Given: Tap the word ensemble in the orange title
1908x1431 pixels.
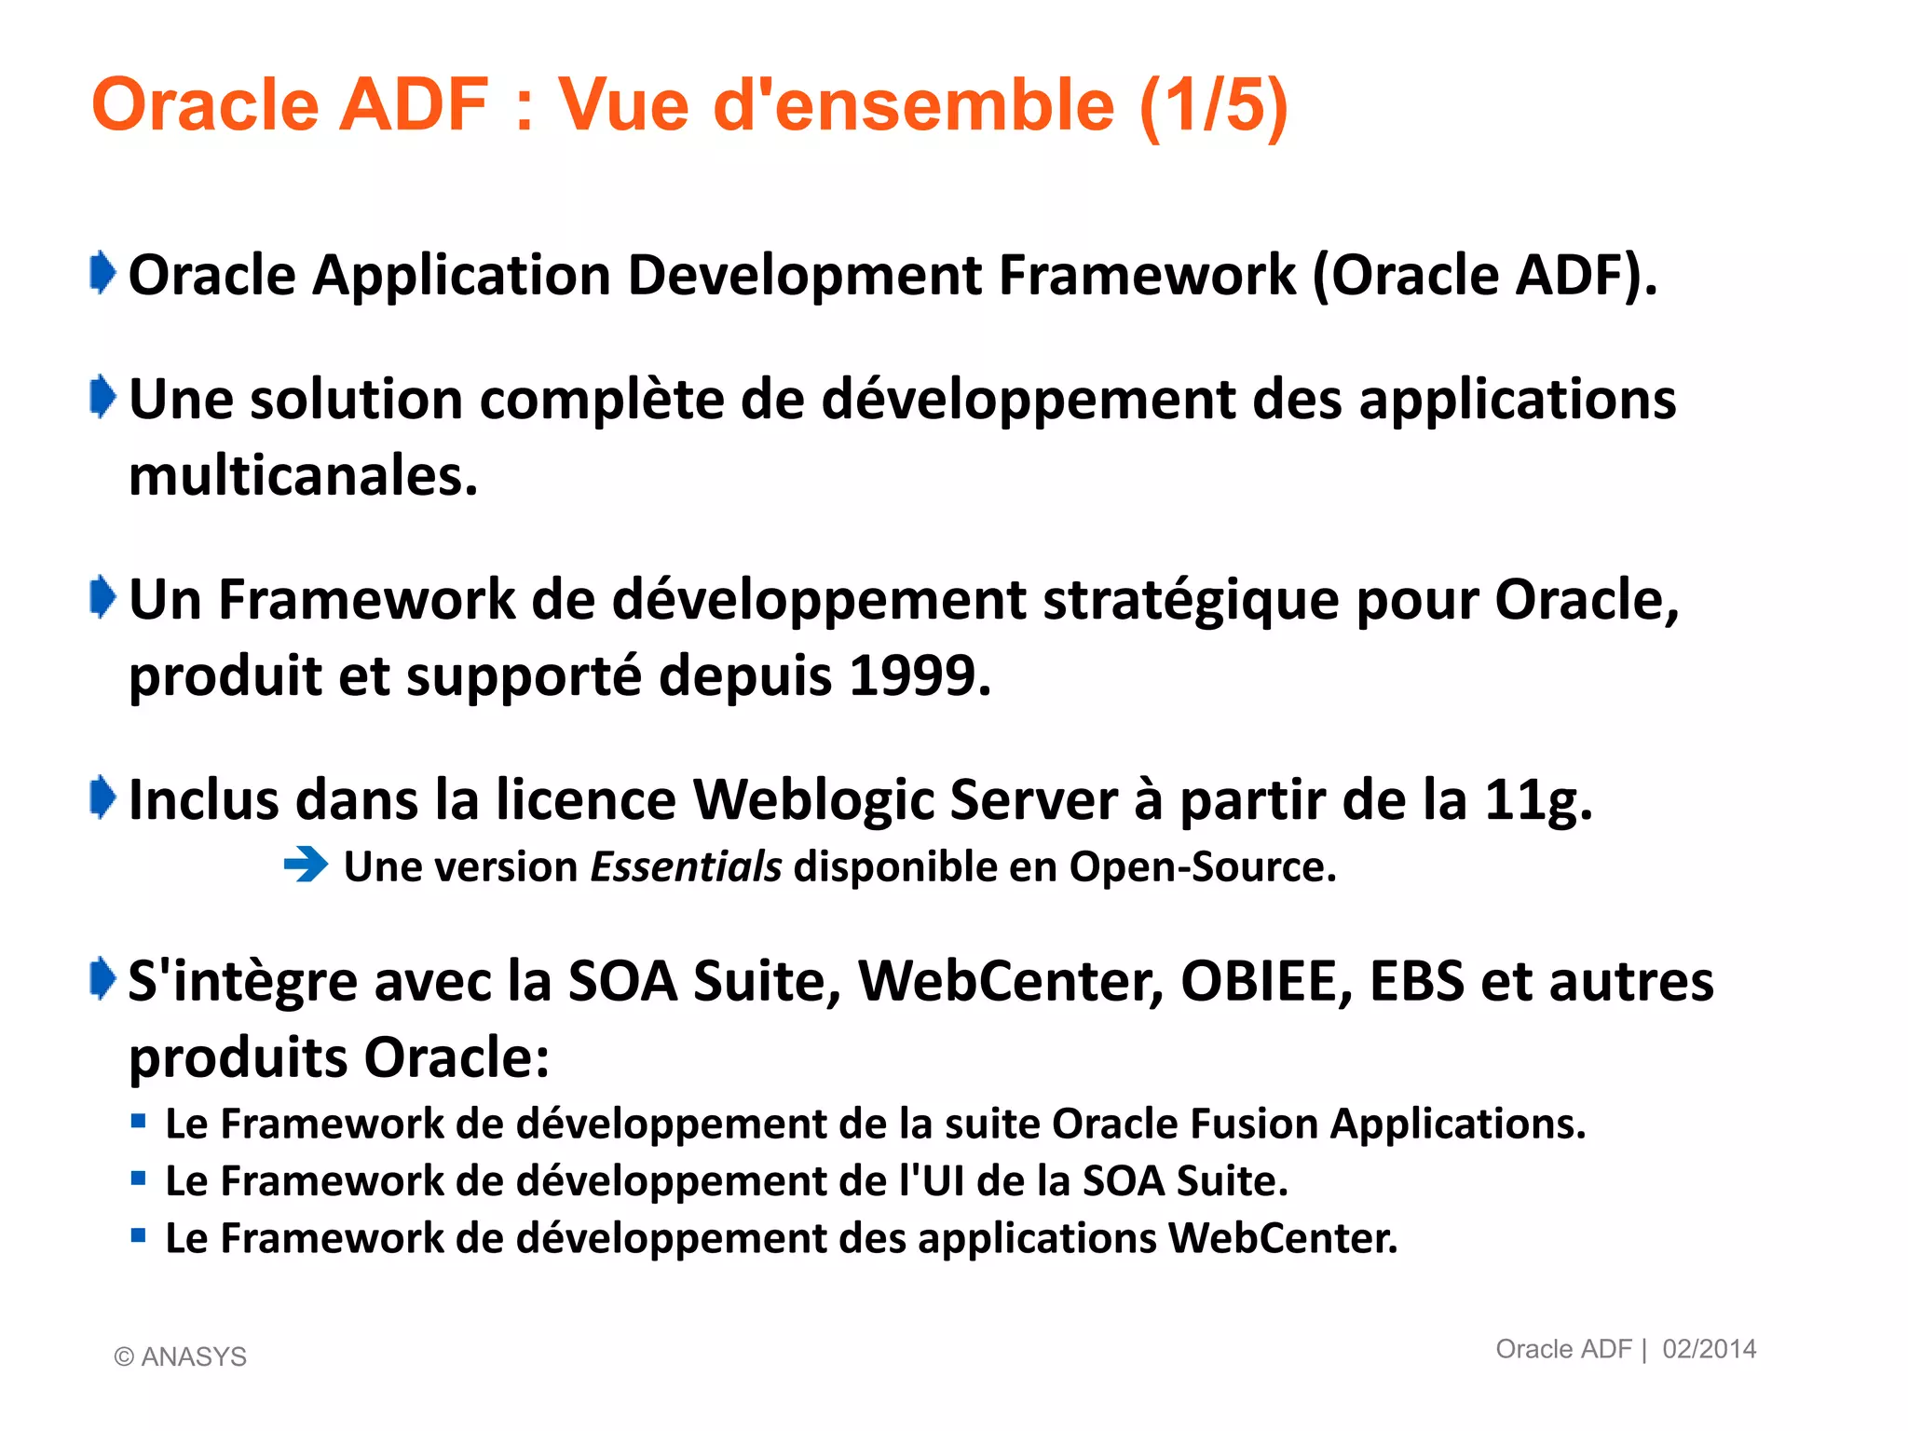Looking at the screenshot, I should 945,104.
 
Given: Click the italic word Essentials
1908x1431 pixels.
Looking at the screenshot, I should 687,866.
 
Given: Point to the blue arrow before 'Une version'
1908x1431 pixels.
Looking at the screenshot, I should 306,865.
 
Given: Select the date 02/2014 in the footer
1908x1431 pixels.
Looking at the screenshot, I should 1709,1349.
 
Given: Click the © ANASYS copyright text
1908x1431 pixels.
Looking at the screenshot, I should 180,1356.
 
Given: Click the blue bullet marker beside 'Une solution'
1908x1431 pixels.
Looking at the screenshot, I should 102,398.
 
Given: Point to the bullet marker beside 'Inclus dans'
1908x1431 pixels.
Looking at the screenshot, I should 102,797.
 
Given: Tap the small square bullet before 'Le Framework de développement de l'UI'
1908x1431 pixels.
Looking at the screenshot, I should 139,1179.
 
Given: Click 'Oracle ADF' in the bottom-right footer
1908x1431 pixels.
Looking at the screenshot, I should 1563,1349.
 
